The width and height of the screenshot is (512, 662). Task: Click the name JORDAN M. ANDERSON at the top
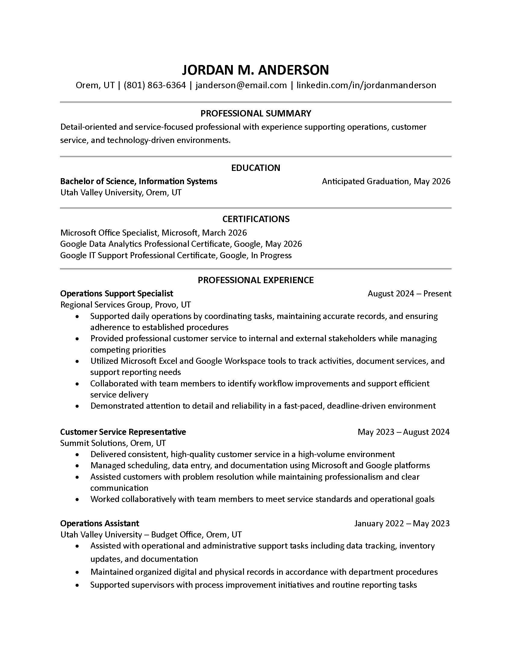click(255, 70)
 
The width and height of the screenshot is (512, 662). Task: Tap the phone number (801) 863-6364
click(155, 85)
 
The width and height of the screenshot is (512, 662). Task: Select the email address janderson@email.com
click(241, 85)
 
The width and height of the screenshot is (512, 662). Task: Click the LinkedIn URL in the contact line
click(366, 85)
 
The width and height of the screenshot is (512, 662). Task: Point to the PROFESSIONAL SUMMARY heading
click(256, 113)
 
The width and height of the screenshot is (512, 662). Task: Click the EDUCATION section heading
click(256, 168)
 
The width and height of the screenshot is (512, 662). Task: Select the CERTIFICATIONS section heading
click(256, 219)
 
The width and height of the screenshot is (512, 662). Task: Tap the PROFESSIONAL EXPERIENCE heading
click(256, 280)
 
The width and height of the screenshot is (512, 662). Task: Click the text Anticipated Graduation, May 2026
click(386, 181)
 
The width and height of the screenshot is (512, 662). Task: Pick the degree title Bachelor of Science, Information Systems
click(139, 181)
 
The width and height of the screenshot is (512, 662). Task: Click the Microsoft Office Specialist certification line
click(154, 233)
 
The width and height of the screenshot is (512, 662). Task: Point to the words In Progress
click(271, 255)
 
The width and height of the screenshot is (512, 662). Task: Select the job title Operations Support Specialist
click(117, 294)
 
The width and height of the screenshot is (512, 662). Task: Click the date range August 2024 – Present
click(410, 294)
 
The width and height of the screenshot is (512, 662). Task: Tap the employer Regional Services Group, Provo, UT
click(126, 305)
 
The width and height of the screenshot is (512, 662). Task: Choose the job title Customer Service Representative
click(123, 432)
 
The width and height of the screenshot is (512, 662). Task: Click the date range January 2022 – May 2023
click(402, 524)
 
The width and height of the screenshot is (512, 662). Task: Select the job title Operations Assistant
click(99, 524)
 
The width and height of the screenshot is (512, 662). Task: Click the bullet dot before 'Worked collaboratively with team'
click(78, 500)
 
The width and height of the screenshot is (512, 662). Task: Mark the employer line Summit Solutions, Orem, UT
click(113, 443)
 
